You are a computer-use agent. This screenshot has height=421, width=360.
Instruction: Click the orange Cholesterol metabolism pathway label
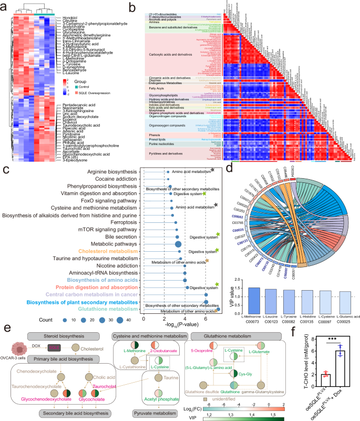[x=104, y=251]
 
